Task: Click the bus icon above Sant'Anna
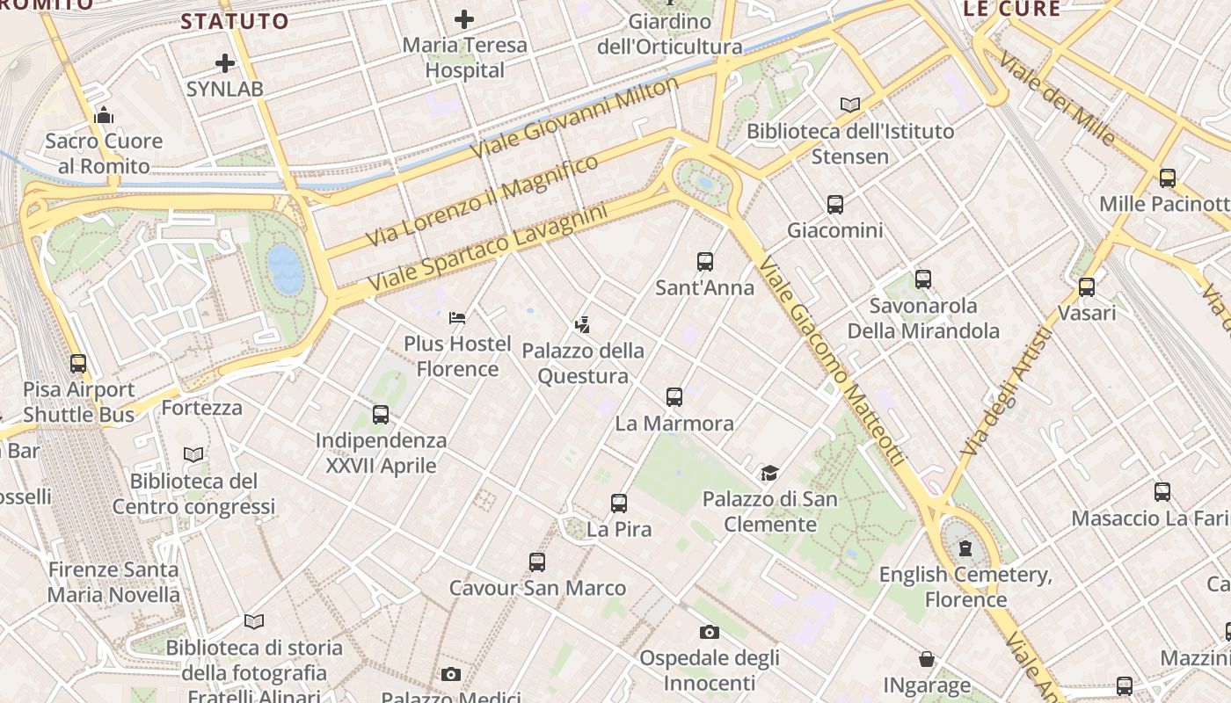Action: click(x=704, y=261)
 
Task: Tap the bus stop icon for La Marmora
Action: click(x=674, y=396)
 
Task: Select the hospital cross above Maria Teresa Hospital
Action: click(x=464, y=18)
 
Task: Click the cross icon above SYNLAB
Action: click(x=225, y=63)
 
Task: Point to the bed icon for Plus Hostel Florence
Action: click(x=457, y=317)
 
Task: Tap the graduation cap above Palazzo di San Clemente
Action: click(x=769, y=473)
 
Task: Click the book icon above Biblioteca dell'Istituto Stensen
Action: click(x=849, y=105)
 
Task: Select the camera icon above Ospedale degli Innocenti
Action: click(x=710, y=632)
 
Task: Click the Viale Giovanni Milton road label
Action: click(x=575, y=117)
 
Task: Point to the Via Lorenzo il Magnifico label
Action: click(x=482, y=199)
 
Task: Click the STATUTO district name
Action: click(x=235, y=21)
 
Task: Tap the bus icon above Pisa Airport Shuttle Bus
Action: click(x=78, y=363)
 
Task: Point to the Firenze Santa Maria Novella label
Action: click(x=113, y=582)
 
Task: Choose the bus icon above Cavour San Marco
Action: click(x=537, y=562)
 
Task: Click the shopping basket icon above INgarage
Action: click(x=927, y=659)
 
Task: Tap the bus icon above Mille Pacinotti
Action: click(x=1168, y=178)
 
